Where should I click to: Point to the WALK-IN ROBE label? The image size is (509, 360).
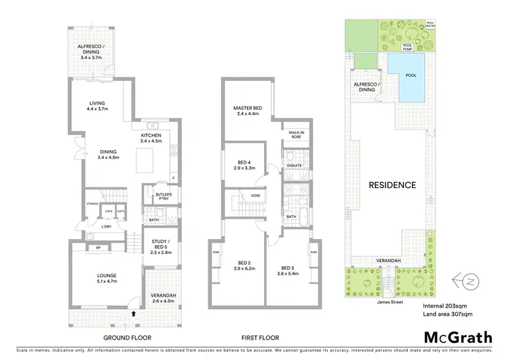click(296, 134)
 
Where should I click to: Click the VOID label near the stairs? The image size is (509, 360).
click(255, 196)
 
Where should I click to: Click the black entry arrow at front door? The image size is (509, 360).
click(134, 314)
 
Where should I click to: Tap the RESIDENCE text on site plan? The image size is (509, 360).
click(392, 184)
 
